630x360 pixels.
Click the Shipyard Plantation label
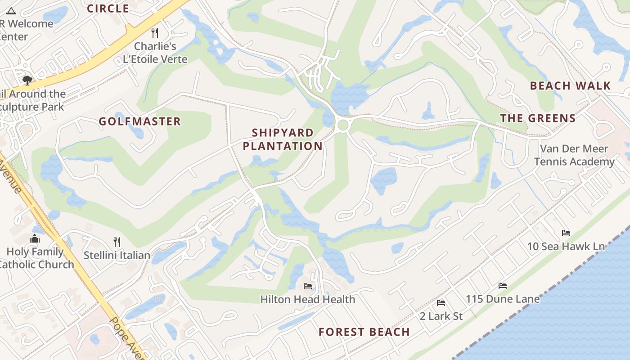point(283,139)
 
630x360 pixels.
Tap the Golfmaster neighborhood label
point(139,121)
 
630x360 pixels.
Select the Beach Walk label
point(570,86)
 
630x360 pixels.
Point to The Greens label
point(538,118)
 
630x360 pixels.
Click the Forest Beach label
point(364,332)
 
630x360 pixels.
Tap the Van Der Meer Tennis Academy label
point(574,155)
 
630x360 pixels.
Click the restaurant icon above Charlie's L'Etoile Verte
point(155,32)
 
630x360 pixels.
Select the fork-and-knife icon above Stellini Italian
point(117,242)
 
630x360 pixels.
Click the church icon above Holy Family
point(35,238)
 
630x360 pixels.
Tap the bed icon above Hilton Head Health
point(308,286)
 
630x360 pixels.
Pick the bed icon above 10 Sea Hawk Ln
point(566,233)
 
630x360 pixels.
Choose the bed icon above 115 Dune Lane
point(503,286)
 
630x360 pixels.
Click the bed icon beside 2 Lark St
point(441,303)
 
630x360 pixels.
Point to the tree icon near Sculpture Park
point(27,81)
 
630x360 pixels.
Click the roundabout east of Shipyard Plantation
point(343,125)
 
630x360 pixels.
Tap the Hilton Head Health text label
point(308,299)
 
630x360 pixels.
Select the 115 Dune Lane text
point(503,299)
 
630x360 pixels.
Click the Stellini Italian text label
point(117,255)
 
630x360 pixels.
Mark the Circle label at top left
point(108,9)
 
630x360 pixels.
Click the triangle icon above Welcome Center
point(11,11)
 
